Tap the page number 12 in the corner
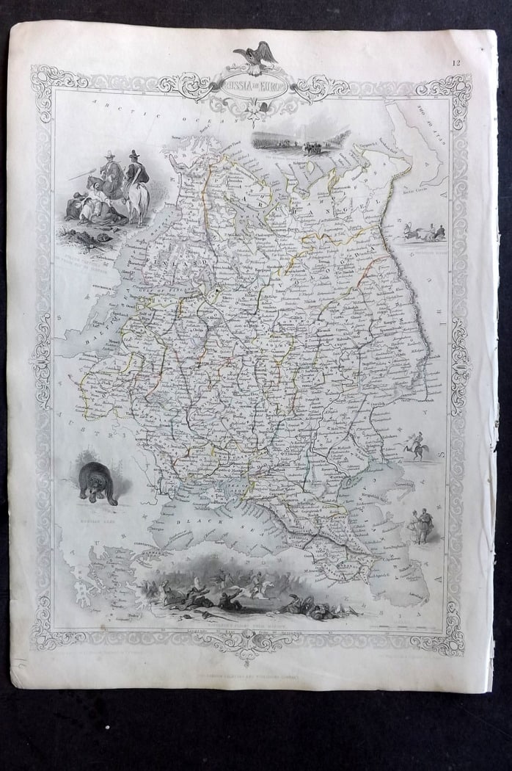(x=456, y=63)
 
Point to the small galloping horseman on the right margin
(x=416, y=446)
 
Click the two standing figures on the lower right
(x=421, y=526)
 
